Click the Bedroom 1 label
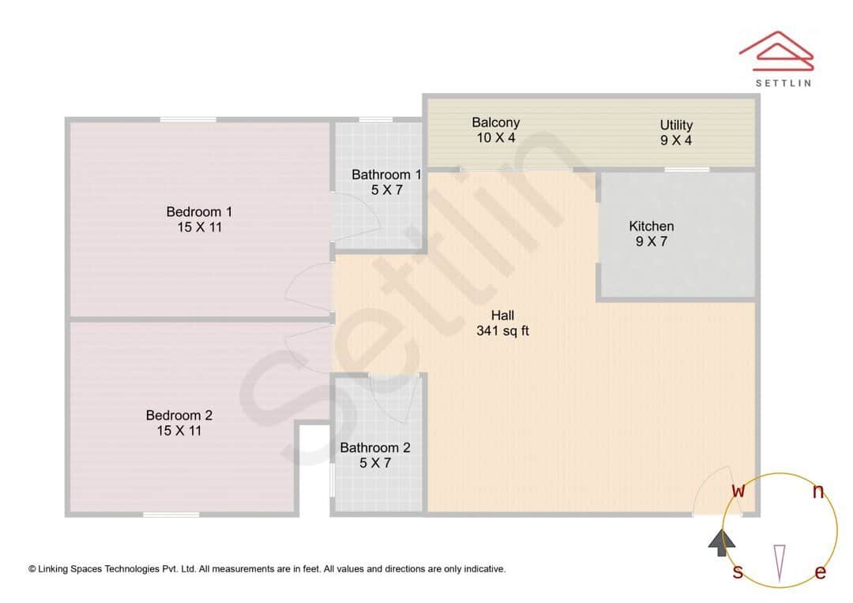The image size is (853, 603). pyautogui.click(x=199, y=212)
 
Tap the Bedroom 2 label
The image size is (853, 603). pyautogui.click(x=179, y=415)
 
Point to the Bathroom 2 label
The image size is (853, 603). pyautogui.click(x=375, y=448)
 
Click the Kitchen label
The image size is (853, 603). pyautogui.click(x=652, y=227)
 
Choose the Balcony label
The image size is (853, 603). pyautogui.click(x=496, y=122)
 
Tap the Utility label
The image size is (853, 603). pyautogui.click(x=676, y=125)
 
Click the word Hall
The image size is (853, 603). pyautogui.click(x=503, y=316)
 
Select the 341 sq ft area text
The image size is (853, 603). pyautogui.click(x=503, y=331)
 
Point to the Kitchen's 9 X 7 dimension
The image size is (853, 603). pyautogui.click(x=652, y=242)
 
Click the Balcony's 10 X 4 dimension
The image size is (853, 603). pyautogui.click(x=496, y=138)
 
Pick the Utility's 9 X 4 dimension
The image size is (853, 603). pyautogui.click(x=676, y=141)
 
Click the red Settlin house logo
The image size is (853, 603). pyautogui.click(x=776, y=49)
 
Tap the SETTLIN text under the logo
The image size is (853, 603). pyautogui.click(x=783, y=82)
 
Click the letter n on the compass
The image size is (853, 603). pyautogui.click(x=818, y=492)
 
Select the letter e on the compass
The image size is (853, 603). pyautogui.click(x=820, y=572)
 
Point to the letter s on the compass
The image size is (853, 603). pyautogui.click(x=738, y=571)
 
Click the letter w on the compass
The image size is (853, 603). pyautogui.click(x=738, y=490)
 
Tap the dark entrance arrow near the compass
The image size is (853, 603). pyautogui.click(x=721, y=542)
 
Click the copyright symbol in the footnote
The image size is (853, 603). pyautogui.click(x=32, y=569)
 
